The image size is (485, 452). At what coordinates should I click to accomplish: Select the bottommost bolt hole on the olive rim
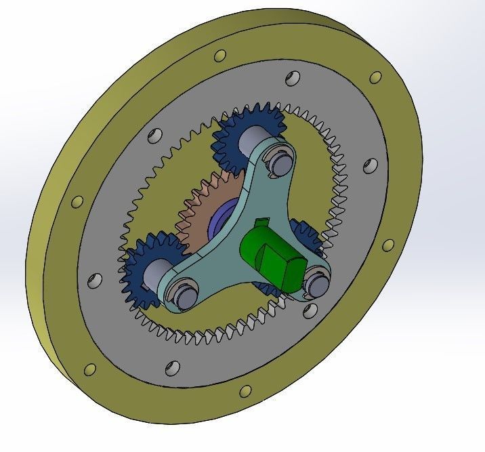(246, 391)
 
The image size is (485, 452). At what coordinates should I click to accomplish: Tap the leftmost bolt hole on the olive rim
(77, 202)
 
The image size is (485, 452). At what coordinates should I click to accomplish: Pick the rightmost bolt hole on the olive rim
(389, 246)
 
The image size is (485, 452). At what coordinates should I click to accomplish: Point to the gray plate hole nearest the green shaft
(310, 310)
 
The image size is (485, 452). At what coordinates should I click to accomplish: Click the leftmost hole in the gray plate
(94, 281)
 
